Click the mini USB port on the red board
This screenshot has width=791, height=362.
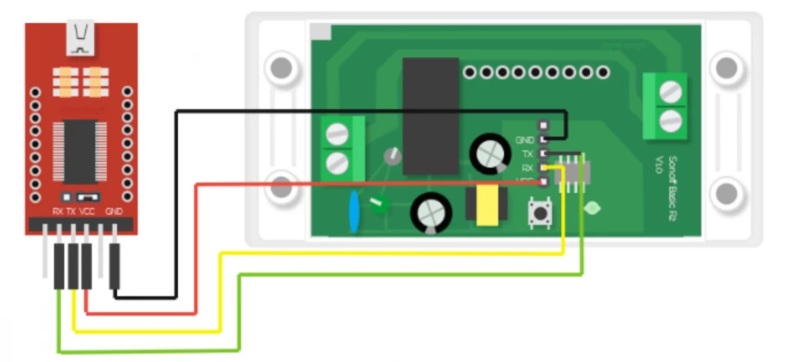pos(81,40)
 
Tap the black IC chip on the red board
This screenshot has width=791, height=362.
pos(80,150)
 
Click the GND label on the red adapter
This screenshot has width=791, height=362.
pos(115,212)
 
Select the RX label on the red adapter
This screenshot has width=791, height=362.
pos(58,212)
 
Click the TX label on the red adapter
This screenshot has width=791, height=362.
pos(71,212)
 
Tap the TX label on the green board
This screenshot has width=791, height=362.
pos(528,153)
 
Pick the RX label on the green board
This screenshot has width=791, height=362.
pos(528,168)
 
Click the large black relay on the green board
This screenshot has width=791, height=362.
pos(430,115)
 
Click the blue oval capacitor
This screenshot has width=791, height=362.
pos(354,213)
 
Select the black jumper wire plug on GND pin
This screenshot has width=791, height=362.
pos(115,266)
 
